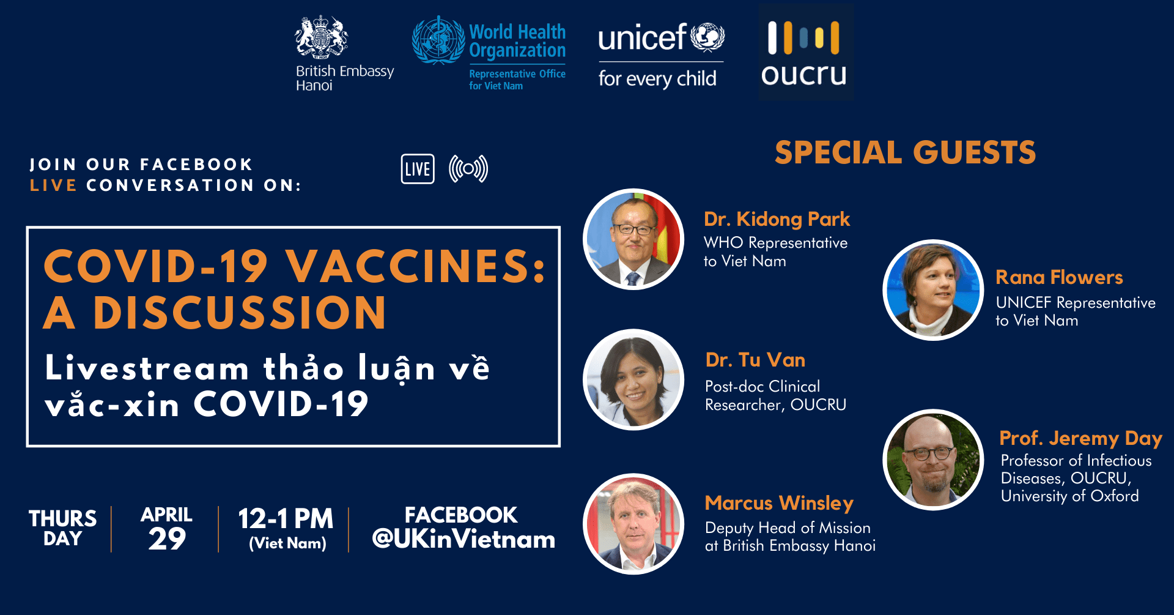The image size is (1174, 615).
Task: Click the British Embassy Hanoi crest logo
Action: click(x=322, y=37)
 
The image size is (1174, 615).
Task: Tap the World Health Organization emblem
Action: click(x=438, y=40)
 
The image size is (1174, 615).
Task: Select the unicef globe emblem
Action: click(x=707, y=37)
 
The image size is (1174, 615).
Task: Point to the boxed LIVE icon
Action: click(x=418, y=169)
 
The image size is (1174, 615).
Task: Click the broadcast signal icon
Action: click(x=468, y=169)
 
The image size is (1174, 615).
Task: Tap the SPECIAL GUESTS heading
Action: click(x=905, y=152)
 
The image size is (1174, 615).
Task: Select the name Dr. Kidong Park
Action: click(x=777, y=219)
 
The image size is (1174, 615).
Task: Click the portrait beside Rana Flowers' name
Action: click(x=933, y=290)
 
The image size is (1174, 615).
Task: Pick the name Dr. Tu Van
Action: click(x=755, y=360)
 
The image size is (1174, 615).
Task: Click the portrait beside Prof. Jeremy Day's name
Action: click(x=933, y=460)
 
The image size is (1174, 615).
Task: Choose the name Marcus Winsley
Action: click(x=779, y=503)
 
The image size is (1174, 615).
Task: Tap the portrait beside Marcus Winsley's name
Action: click(x=633, y=524)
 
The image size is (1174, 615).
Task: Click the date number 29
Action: click(x=167, y=539)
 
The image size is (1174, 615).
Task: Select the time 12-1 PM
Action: click(x=286, y=519)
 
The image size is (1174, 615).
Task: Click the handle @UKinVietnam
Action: click(x=463, y=539)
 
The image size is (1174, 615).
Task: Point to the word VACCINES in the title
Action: click(x=416, y=266)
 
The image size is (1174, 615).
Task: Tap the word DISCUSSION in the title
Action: click(x=240, y=313)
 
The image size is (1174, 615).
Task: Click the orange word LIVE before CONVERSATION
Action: click(x=53, y=185)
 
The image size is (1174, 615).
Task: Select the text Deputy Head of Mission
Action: click(x=788, y=527)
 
